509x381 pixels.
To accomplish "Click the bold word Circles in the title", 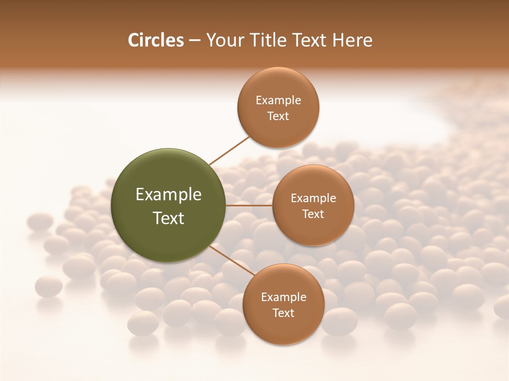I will coord(155,40).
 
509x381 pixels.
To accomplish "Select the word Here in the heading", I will coord(352,40).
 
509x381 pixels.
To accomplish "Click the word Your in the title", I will coord(225,40).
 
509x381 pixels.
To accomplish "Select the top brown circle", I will coord(278,127).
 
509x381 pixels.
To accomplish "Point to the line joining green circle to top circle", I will coord(230,150).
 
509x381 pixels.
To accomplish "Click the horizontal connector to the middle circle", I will coord(249,205).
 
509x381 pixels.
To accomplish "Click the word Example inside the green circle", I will coord(169,195).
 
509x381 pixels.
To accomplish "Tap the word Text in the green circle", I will coord(169,218).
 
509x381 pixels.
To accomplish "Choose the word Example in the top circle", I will coord(278,100).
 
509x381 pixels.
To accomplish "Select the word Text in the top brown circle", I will coord(278,116).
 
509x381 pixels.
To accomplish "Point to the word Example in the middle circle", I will coord(313,198).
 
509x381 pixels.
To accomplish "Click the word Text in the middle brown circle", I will coord(313,214).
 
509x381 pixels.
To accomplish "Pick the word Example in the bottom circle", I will coord(284,297).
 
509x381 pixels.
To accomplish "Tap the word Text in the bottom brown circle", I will coord(284,313).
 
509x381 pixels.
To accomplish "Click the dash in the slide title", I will coord(195,41).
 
